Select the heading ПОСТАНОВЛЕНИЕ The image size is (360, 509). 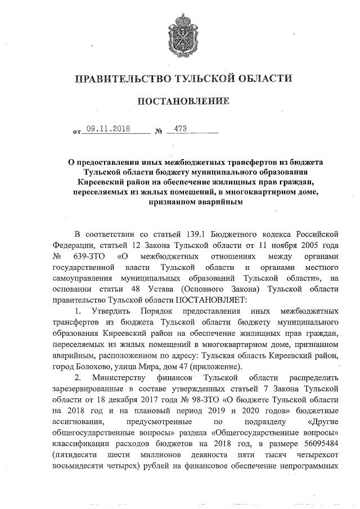[x=180, y=102]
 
